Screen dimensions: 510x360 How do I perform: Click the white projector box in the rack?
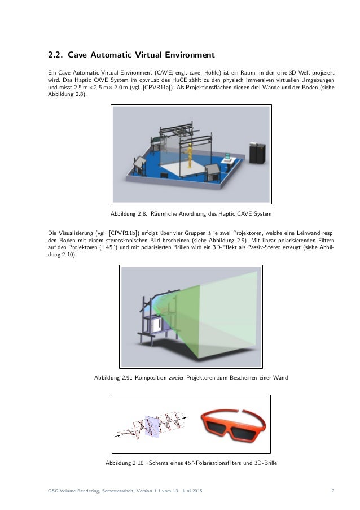click(x=159, y=324)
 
